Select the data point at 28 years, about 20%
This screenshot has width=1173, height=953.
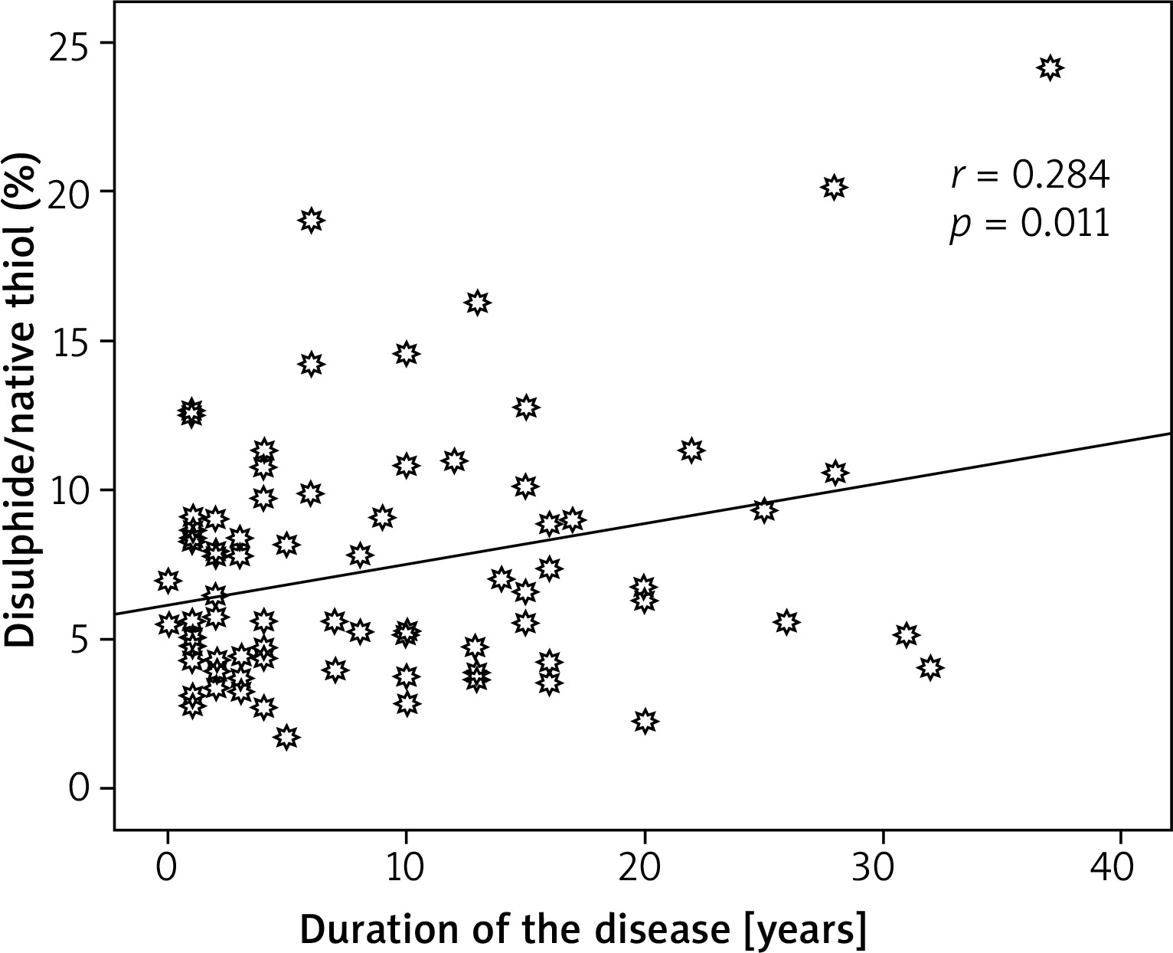pyautogui.click(x=835, y=187)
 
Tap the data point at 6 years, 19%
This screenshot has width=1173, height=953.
pyautogui.click(x=310, y=221)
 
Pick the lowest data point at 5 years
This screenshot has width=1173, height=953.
pyautogui.click(x=286, y=737)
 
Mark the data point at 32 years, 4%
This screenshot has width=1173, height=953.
pyautogui.click(x=930, y=667)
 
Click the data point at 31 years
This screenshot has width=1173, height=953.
pyautogui.click(x=907, y=635)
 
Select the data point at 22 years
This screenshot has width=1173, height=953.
pyautogui.click(x=691, y=450)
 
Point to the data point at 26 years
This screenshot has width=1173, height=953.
pyautogui.click(x=786, y=623)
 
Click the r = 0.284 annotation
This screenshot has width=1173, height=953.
pyautogui.click(x=1029, y=177)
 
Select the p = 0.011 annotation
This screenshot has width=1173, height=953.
pyautogui.click(x=1029, y=224)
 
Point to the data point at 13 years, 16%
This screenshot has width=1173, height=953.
pyautogui.click(x=477, y=303)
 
